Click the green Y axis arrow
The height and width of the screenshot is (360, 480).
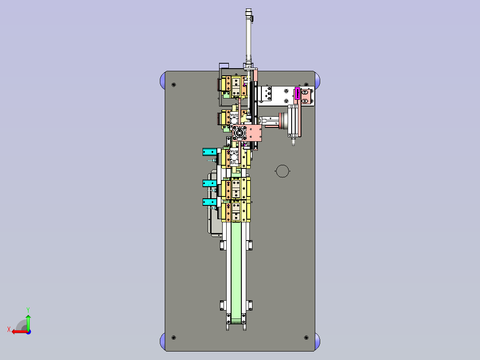(x=28, y=322)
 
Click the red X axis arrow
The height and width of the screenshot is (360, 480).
(x=20, y=331)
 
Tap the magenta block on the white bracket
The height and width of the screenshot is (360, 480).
(x=297, y=94)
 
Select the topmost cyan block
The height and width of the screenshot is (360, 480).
(x=210, y=151)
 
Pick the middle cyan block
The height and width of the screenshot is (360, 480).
(x=210, y=183)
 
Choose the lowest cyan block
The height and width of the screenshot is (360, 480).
(x=210, y=202)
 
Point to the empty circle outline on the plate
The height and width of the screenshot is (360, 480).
(x=282, y=171)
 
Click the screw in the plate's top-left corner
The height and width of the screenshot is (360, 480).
(x=174, y=85)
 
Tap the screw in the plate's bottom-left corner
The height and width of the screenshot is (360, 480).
(x=174, y=337)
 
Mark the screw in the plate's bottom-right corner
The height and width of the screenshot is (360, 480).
(x=306, y=337)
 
